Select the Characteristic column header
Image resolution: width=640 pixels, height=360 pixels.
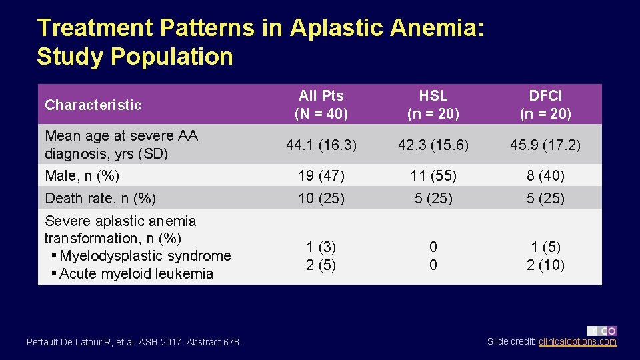[93, 105]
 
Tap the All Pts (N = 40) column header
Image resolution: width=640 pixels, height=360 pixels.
[321, 105]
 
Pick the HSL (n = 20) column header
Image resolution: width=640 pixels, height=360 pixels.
[433, 105]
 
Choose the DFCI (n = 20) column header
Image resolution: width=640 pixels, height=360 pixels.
[545, 105]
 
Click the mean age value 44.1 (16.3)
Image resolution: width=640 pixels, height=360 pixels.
[321, 144]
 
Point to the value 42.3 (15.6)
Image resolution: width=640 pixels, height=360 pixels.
[433, 144]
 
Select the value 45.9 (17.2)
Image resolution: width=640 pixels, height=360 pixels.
[545, 144]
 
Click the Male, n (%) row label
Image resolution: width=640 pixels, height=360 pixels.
[82, 176]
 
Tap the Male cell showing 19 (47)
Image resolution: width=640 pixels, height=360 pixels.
[321, 176]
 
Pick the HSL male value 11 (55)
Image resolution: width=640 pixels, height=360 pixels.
[433, 176]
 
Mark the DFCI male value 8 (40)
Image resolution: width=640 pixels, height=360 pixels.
[545, 176]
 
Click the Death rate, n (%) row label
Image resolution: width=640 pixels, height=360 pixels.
[100, 198]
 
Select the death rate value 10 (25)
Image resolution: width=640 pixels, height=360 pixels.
[321, 198]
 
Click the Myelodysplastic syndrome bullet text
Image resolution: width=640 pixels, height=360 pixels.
[145, 256]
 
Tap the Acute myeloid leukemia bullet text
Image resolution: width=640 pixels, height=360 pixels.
[136, 274]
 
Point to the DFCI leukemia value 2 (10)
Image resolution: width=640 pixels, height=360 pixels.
[545, 265]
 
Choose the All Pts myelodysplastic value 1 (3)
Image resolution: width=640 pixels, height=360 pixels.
[321, 247]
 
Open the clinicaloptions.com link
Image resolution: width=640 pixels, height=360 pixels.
[577, 342]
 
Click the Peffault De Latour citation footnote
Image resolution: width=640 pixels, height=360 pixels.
[134, 342]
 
